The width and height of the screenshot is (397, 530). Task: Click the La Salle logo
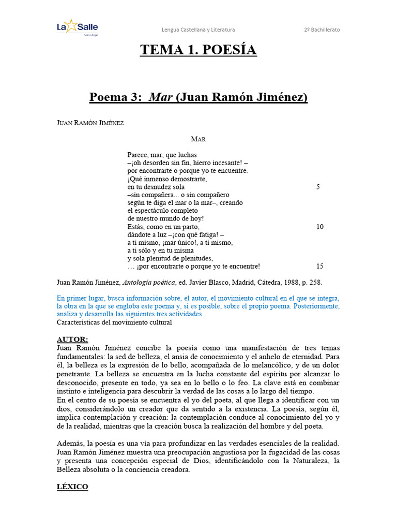tap(77, 28)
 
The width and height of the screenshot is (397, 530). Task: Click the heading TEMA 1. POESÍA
tap(198, 50)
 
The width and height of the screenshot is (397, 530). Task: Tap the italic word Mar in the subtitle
tap(161, 97)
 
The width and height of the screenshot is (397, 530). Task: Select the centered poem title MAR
tap(198, 139)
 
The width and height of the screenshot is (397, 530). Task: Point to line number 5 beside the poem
tap(318, 187)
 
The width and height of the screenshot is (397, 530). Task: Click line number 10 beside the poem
tap(319, 227)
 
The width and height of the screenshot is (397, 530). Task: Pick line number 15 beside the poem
tap(319, 267)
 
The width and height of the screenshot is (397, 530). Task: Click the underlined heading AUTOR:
tap(72, 339)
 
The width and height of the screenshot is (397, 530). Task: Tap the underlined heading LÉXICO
tap(72, 487)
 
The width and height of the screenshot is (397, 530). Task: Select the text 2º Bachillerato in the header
tap(322, 30)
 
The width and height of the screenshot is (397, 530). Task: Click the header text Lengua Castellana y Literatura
tap(198, 30)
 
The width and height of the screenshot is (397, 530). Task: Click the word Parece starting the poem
tap(137, 155)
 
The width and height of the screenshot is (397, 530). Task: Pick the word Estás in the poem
tap(135, 227)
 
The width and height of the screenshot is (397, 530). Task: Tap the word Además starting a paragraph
tap(70, 444)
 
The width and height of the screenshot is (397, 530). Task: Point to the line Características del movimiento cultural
tap(114, 322)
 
